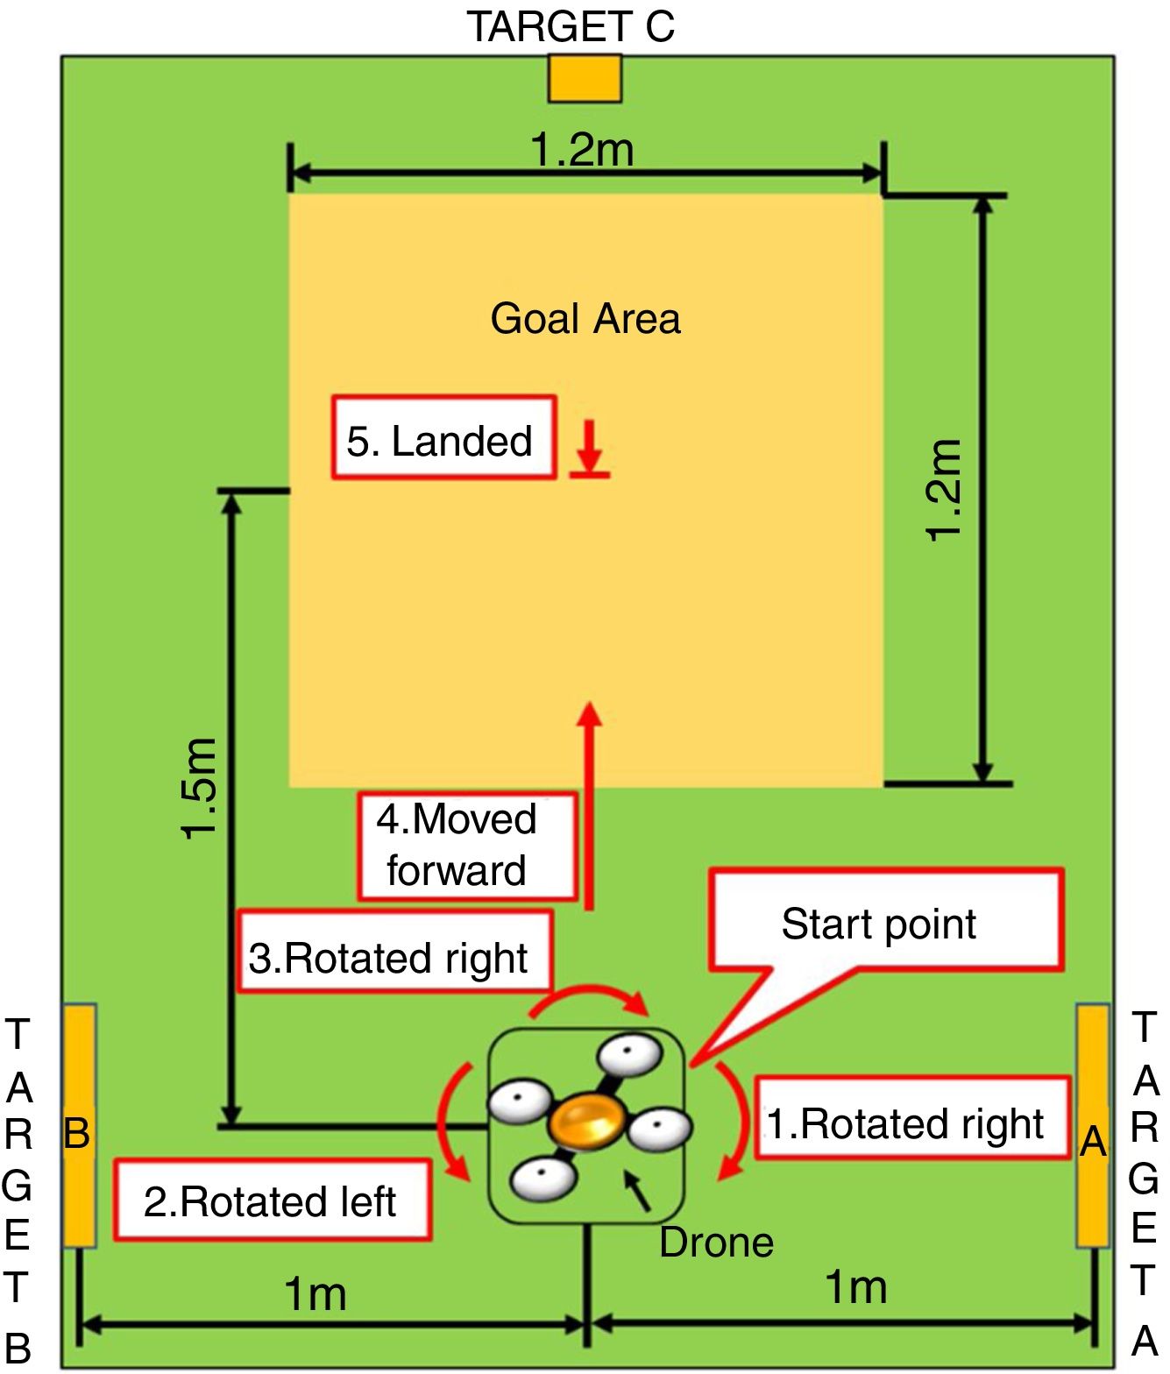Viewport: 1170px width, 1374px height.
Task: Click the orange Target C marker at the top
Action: point(585,79)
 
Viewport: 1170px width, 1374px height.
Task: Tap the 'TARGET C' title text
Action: point(571,26)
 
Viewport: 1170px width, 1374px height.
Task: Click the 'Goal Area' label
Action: point(585,318)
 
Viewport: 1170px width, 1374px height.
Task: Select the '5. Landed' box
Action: point(443,437)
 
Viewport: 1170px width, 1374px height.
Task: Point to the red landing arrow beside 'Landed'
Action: point(590,449)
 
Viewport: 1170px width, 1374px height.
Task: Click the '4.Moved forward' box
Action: point(466,846)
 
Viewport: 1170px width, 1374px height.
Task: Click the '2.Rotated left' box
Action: point(272,1200)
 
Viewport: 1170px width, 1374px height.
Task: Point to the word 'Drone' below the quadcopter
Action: point(716,1243)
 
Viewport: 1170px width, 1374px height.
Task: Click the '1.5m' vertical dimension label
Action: point(199,789)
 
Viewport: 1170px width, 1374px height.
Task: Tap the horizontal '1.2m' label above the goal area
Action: point(583,149)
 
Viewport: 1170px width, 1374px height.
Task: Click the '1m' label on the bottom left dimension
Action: point(316,1293)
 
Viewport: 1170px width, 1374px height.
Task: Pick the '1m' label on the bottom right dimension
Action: point(856,1287)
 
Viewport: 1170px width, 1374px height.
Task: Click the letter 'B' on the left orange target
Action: point(77,1134)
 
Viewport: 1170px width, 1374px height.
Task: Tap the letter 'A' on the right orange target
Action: point(1092,1141)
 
